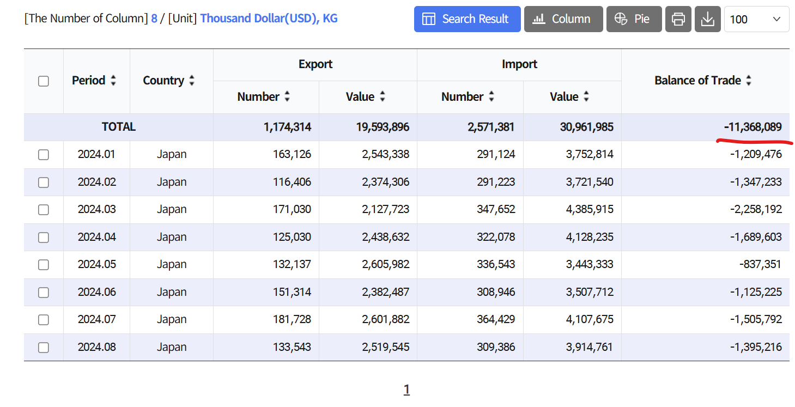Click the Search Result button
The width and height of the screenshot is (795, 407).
[x=467, y=19]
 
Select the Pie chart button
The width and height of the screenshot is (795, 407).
[x=634, y=19]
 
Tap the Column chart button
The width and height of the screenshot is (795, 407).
[x=563, y=19]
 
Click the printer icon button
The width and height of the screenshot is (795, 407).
[x=678, y=19]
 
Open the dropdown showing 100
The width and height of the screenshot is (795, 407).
[x=756, y=19]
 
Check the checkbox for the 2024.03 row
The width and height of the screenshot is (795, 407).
[x=43, y=210]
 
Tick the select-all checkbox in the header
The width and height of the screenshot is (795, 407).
[x=43, y=81]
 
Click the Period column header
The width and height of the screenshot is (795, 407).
[x=89, y=81]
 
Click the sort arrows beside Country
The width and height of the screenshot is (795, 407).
[x=192, y=81]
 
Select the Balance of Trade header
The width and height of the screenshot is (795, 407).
[x=697, y=81]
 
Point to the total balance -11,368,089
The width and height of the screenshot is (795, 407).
[x=752, y=127]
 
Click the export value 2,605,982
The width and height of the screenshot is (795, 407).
[x=385, y=264]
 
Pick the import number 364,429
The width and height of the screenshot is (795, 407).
[x=495, y=319]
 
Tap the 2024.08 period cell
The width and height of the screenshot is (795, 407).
[x=96, y=347]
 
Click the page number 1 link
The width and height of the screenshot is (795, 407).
[x=406, y=390]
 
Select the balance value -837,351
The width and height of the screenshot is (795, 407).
[x=760, y=264]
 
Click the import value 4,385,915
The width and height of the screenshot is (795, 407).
[x=590, y=209]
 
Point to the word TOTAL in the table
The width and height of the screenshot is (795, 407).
[x=119, y=127]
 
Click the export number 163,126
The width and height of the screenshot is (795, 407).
[x=292, y=154]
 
